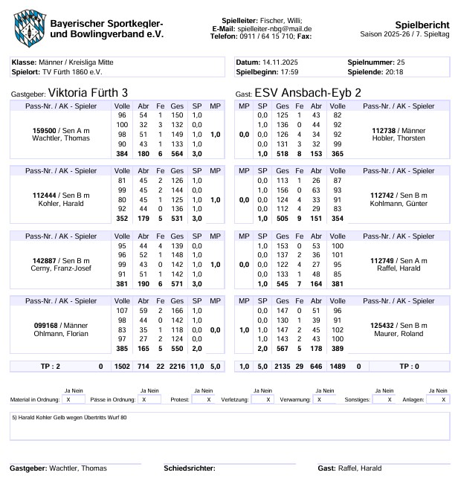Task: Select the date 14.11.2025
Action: pos(280,62)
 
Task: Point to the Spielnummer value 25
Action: pos(401,62)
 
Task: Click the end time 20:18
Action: pos(394,72)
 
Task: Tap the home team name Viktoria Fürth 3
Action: pos(88,93)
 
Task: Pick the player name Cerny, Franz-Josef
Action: pos(61,268)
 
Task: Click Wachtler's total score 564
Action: pos(177,154)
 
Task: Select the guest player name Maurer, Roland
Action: pos(399,334)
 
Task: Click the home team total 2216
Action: pos(177,367)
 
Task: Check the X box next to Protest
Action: pos(199,399)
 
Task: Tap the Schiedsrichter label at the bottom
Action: pos(189,468)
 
